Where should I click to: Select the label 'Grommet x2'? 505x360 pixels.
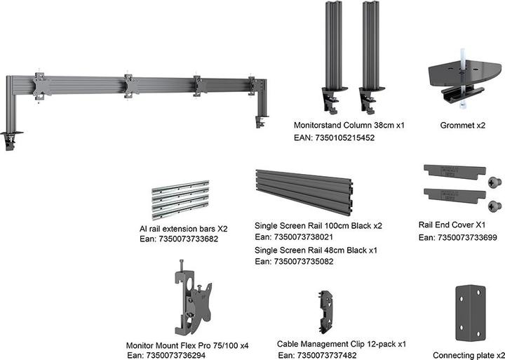(462, 125)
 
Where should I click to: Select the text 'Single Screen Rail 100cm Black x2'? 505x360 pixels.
(318, 227)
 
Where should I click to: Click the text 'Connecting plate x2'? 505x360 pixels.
(469, 355)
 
